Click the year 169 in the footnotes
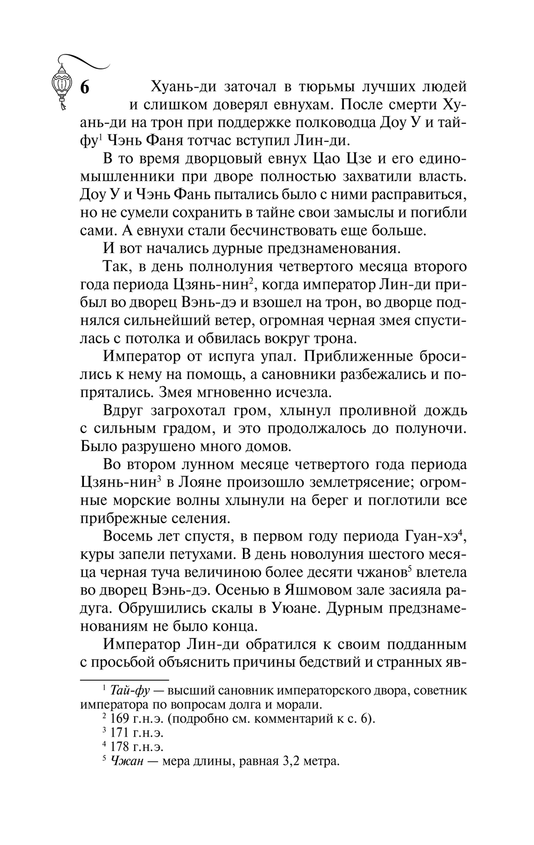coord(121,718)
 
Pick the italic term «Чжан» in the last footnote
coord(128,761)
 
